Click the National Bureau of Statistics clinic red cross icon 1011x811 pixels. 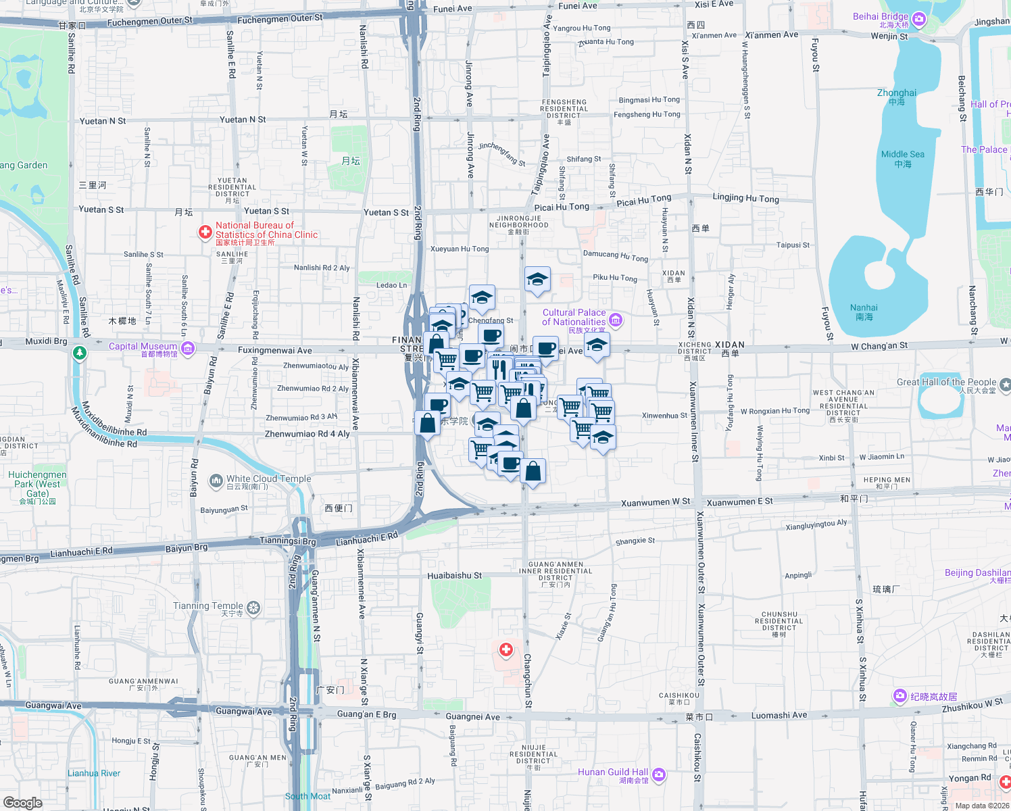205,232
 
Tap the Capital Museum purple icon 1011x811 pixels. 188,349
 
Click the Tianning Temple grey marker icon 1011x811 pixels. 253,608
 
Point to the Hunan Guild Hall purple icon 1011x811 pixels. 659,775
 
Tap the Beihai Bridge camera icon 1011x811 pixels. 918,20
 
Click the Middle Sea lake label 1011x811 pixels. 902,155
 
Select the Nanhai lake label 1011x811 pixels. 864,308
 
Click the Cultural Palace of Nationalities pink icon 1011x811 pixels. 615,319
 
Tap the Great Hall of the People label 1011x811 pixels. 946,383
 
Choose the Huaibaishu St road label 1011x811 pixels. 454,576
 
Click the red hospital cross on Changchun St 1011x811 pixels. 505,650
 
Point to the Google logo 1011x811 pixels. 23,802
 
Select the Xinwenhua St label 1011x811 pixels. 664,416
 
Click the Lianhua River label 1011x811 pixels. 94,773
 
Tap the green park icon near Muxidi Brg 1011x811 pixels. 80,353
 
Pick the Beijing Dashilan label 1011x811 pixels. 977,573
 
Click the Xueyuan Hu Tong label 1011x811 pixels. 460,249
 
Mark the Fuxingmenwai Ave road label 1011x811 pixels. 274,350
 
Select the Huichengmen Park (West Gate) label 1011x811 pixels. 37,484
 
